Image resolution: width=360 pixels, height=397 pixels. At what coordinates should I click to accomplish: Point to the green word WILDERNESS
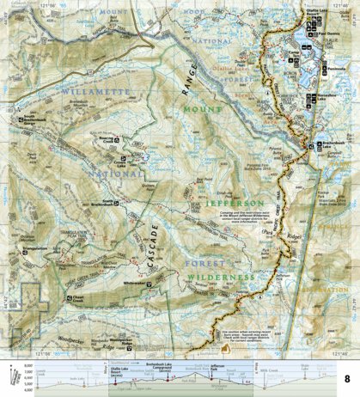(221, 278)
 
